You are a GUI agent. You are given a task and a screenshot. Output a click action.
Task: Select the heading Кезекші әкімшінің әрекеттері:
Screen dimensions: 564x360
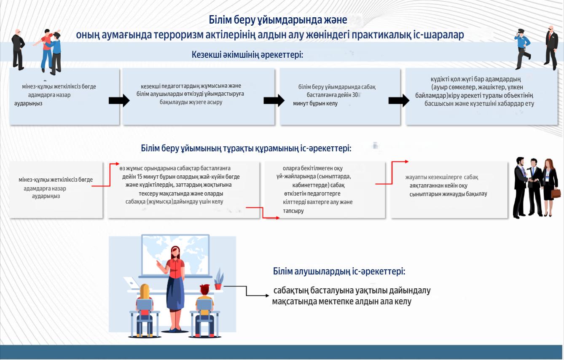(247, 55)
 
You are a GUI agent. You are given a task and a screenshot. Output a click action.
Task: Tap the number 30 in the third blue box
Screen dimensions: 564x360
(355, 95)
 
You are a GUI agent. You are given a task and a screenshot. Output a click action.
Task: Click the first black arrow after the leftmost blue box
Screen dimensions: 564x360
(119, 101)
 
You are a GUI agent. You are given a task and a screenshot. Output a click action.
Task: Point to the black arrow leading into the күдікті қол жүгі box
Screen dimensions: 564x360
(399, 101)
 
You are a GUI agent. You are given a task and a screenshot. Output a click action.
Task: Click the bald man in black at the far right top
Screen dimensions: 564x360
(551, 48)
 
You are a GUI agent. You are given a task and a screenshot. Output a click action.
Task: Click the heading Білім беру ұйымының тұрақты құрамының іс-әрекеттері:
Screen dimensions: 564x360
(246, 148)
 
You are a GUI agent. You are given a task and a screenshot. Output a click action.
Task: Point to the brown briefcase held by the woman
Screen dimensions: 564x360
(556, 193)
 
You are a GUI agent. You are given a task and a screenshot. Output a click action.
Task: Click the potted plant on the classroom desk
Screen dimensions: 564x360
(218, 279)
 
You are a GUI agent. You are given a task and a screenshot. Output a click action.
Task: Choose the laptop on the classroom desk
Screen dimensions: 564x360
(132, 283)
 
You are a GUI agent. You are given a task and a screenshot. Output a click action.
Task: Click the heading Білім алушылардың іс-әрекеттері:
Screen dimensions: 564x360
(339, 271)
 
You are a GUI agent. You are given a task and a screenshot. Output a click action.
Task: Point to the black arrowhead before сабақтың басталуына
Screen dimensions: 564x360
(267, 296)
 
